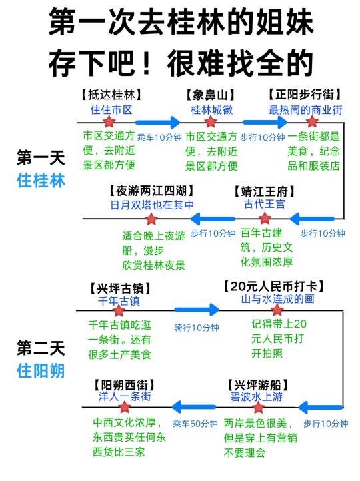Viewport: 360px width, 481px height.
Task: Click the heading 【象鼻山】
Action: coord(211,95)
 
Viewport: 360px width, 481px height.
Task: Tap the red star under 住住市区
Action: coord(109,121)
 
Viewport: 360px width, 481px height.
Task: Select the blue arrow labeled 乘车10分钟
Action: coord(158,123)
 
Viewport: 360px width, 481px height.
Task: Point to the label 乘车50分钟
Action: coord(195,424)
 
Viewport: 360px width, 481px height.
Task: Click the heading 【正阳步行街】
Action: coord(305,95)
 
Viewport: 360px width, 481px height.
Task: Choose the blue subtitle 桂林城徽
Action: coord(212,110)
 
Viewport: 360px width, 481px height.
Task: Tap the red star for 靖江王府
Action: coord(265,219)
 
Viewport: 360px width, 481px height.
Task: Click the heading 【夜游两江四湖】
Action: coord(151,191)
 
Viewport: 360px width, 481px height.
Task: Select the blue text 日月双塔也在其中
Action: coord(152,205)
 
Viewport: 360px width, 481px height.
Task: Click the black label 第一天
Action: coord(41,158)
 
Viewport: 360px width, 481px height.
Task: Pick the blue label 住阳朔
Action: coord(41,370)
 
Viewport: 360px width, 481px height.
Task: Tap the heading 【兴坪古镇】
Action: coord(120,288)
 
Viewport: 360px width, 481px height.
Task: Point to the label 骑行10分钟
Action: coord(197,328)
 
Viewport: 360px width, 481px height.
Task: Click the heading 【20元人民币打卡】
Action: coord(273,286)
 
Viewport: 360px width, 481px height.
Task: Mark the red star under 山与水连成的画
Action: coord(277,310)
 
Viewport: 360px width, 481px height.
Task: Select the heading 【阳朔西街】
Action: coord(124,385)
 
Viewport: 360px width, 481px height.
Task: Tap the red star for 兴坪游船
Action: coord(258,407)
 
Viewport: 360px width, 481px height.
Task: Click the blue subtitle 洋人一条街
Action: coord(125,396)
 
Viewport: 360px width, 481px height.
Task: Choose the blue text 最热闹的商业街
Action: coord(305,110)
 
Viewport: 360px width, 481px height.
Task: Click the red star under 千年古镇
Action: coord(119,310)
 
